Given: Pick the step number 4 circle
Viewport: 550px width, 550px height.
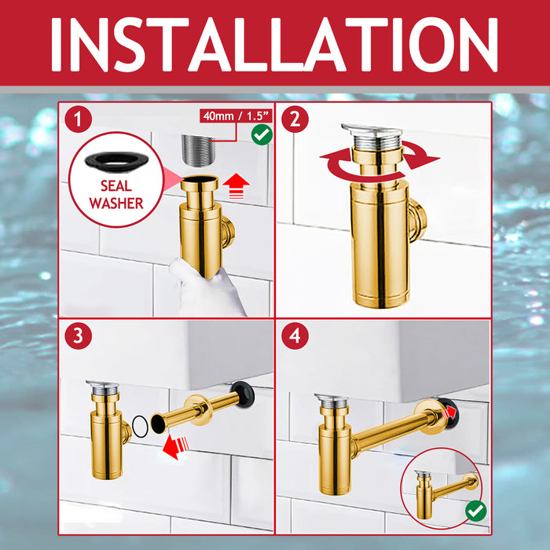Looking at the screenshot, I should (x=295, y=336).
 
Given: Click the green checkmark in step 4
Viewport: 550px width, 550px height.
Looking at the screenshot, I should (x=475, y=511).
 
